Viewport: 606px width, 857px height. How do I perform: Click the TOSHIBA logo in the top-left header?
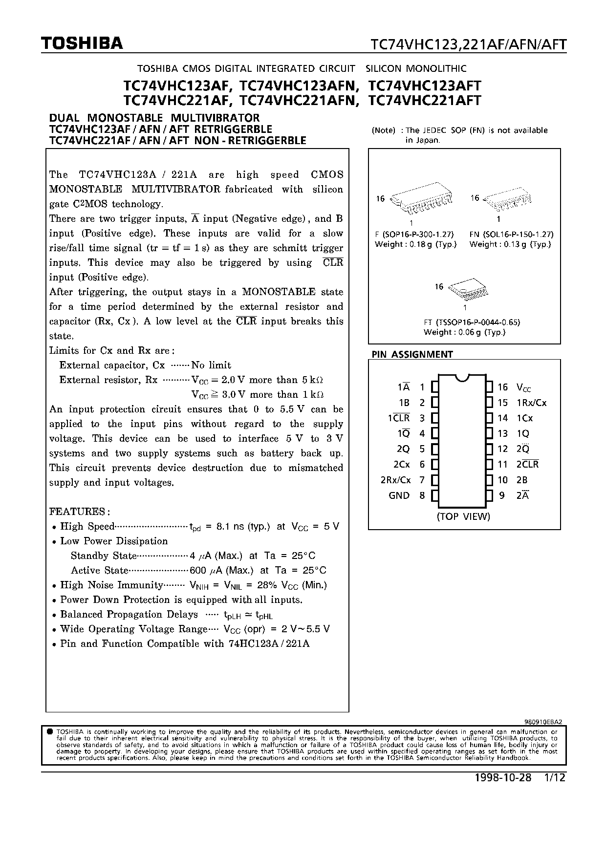pos(82,44)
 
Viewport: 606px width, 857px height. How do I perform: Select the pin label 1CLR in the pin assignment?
pos(399,418)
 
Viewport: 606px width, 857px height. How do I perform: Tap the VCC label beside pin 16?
pos(523,388)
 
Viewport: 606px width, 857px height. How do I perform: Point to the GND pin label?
pos(399,495)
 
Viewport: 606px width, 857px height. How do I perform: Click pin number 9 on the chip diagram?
pos(502,495)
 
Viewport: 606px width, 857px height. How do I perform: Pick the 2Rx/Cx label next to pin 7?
pos(395,480)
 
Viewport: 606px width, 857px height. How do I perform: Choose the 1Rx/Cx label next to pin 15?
pos(531,403)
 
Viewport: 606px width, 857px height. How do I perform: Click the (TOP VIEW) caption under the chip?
pos(463,516)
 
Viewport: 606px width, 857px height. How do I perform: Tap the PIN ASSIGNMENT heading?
pos(412,354)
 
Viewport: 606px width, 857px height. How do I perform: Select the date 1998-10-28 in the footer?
pos(502,778)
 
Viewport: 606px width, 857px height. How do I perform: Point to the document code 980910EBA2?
pos(542,721)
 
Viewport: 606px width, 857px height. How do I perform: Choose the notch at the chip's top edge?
pos(462,377)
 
